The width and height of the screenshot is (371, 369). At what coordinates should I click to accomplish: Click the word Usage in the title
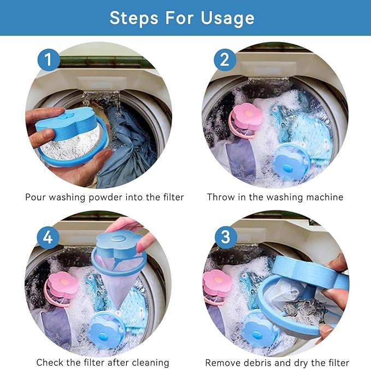click(228, 18)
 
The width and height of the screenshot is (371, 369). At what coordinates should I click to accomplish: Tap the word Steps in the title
click(134, 18)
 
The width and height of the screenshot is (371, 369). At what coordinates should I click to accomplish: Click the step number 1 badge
click(49, 60)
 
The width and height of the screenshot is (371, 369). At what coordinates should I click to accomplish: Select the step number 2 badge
click(225, 60)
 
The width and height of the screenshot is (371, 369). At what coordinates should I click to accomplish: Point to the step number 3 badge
click(226, 237)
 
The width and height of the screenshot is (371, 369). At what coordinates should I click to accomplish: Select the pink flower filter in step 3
click(216, 286)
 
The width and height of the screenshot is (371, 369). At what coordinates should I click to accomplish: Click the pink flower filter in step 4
click(62, 288)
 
